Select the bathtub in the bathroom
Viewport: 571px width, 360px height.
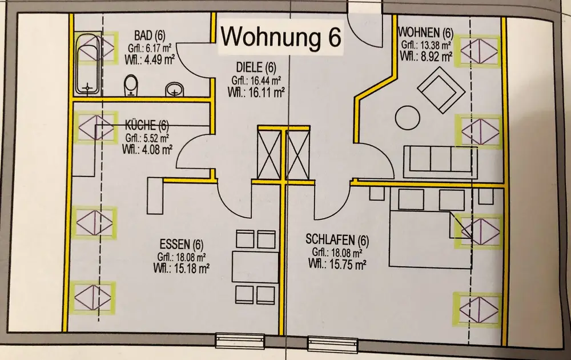[x=87, y=65]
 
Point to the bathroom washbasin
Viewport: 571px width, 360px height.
[x=174, y=89]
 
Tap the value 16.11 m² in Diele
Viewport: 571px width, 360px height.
[x=266, y=91]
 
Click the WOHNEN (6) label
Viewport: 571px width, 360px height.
[x=425, y=33]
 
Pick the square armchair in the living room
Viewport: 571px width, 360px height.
[x=440, y=88]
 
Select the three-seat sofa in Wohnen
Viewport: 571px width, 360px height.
[x=438, y=161]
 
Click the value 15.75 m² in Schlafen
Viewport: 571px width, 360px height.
[x=345, y=264]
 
